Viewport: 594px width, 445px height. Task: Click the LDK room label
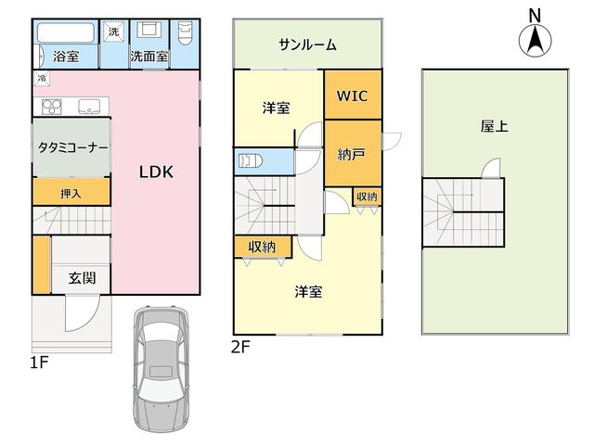tap(156, 172)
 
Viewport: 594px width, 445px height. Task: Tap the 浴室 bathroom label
tap(66, 57)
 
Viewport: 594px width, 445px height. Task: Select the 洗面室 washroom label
tap(149, 57)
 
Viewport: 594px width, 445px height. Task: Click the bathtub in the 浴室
tap(66, 33)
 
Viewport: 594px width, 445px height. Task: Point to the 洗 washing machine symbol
tap(113, 32)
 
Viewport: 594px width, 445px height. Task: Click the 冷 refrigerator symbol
tap(42, 78)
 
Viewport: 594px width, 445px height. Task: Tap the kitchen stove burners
tap(52, 107)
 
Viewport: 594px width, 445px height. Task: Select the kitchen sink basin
tap(89, 107)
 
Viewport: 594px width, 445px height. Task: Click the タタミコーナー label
tap(72, 147)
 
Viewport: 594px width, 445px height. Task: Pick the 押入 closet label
tap(71, 194)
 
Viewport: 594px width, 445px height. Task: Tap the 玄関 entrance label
tap(83, 278)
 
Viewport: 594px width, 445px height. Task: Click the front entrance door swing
tap(83, 313)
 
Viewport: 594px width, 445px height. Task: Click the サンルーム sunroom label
tap(307, 45)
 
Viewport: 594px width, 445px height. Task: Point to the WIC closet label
tap(353, 95)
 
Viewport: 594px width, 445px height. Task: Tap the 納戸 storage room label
tap(351, 154)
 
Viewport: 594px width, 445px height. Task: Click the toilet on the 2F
tap(251, 161)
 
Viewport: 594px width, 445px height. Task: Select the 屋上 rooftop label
tap(495, 126)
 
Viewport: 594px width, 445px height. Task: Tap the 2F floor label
tap(240, 347)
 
